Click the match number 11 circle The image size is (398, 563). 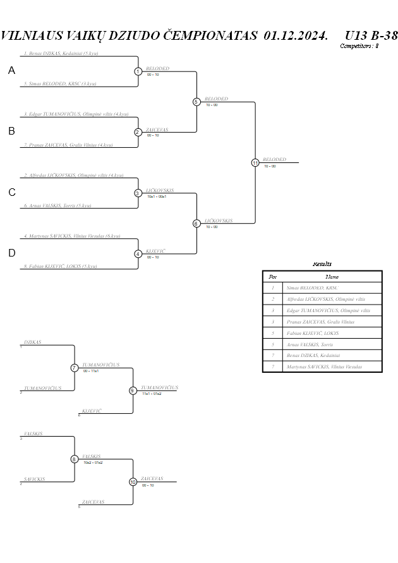pyautogui.click(x=255, y=162)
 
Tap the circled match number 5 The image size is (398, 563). pyautogui.click(x=196, y=102)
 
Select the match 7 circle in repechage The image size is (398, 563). pyautogui.click(x=75, y=368)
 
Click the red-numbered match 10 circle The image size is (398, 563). pyautogui.click(x=133, y=482)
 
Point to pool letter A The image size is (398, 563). pyautogui.click(x=11, y=71)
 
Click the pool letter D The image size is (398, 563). pyautogui.click(x=11, y=253)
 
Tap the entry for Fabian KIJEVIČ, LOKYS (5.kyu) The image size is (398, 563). pyautogui.click(x=61, y=266)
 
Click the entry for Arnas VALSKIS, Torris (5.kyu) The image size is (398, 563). pyautogui.click(x=57, y=205)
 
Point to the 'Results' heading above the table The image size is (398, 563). pyautogui.click(x=322, y=263)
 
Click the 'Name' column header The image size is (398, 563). pyautogui.click(x=332, y=276)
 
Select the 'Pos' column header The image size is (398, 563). pyautogui.click(x=272, y=276)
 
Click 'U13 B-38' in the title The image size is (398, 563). pyautogui.click(x=371, y=35)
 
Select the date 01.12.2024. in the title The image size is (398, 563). pyautogui.click(x=296, y=35)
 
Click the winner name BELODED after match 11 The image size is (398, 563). pyautogui.click(x=274, y=159)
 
